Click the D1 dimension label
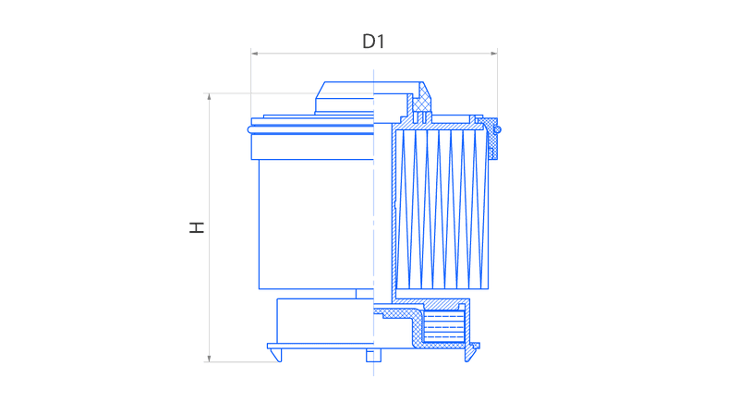point(373,42)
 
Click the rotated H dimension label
point(197,227)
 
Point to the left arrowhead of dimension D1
point(255,54)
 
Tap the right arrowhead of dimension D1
point(494,54)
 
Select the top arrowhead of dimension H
point(210,97)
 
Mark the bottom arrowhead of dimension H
point(210,359)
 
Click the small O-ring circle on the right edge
point(497,129)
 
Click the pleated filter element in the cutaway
point(442,210)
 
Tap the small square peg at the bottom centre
point(373,356)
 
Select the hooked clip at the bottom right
point(471,352)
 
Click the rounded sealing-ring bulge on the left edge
point(250,129)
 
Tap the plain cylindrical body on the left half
point(316,224)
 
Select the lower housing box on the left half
point(325,321)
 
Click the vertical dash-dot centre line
point(374,223)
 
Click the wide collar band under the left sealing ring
point(312,147)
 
